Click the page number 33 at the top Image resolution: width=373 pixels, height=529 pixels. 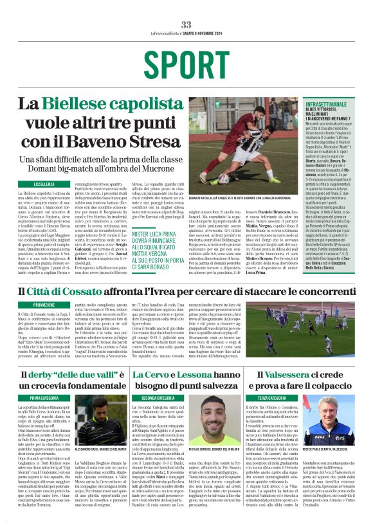click(x=186, y=24)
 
